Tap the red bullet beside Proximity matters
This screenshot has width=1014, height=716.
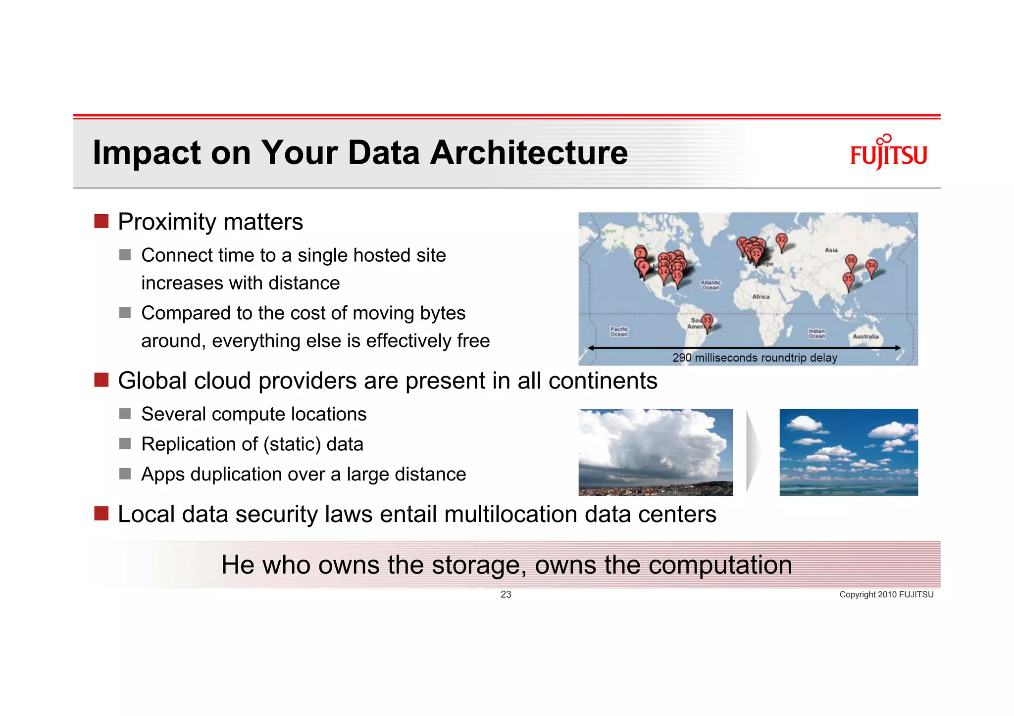(x=101, y=221)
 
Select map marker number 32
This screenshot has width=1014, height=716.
(x=781, y=240)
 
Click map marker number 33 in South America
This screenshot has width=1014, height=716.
(x=707, y=321)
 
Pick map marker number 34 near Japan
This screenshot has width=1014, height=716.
(x=871, y=266)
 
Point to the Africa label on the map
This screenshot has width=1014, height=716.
(x=760, y=296)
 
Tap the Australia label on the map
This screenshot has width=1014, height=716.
(x=865, y=336)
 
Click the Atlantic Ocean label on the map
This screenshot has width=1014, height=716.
(x=710, y=285)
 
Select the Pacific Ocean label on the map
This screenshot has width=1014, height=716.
(x=619, y=332)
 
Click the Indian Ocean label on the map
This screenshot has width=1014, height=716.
(x=816, y=334)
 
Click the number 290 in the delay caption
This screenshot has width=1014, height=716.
(x=682, y=358)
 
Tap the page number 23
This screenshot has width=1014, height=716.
(x=506, y=594)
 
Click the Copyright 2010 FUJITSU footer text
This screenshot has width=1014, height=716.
(x=886, y=594)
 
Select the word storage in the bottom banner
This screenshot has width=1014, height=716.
(x=478, y=565)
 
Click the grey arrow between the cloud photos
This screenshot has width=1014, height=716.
(x=754, y=452)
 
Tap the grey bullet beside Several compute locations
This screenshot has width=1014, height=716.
(x=125, y=414)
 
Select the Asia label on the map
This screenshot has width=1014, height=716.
(x=831, y=250)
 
